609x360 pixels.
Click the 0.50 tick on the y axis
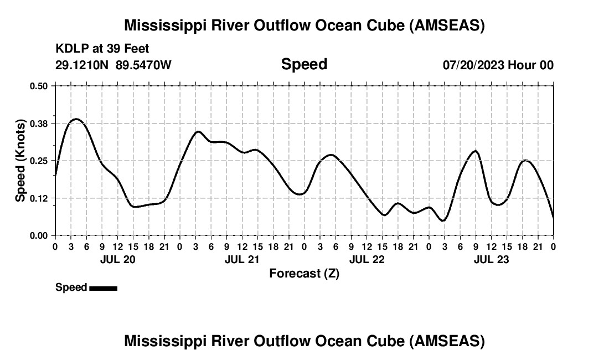[39, 86]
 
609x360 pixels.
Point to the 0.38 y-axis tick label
[39, 123]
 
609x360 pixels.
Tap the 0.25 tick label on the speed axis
[39, 161]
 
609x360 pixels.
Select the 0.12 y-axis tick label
[39, 198]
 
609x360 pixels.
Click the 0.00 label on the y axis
[39, 236]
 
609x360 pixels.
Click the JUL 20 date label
[117, 259]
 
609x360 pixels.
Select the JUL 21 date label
[242, 259]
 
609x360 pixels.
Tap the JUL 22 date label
[367, 259]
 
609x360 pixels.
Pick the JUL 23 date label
[491, 259]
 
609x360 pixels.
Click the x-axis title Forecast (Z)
[304, 274]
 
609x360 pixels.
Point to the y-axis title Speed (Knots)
[20, 161]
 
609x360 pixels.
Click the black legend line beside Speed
[103, 288]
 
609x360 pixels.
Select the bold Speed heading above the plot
[304, 64]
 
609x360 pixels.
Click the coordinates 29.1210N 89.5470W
[113, 65]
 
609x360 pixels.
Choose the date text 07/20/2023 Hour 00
[498, 65]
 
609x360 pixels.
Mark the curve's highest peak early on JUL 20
[76, 119]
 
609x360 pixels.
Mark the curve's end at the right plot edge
[553, 218]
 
